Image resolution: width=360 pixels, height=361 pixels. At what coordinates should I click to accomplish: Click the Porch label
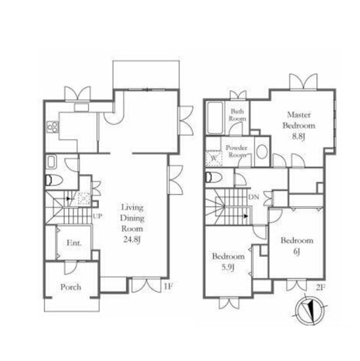pos(71,287)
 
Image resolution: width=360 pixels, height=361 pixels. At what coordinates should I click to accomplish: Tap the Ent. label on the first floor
pos(74,243)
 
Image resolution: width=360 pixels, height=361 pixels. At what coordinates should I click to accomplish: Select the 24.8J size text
pos(132,240)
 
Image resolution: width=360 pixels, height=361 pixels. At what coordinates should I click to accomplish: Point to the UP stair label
pos(98,216)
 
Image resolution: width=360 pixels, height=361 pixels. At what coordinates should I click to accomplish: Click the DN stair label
pos(254,197)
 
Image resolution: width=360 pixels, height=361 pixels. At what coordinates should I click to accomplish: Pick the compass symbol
pos(310,310)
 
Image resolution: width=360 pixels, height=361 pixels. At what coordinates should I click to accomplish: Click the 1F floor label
pos(168,286)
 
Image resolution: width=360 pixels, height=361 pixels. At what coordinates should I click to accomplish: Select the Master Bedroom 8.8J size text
pos(298,137)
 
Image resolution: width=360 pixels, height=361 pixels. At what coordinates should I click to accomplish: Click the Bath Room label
pos(237,115)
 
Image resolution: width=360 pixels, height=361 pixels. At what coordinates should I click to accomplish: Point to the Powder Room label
pos(237,151)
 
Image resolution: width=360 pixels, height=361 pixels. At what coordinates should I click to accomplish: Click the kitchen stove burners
pos(52,127)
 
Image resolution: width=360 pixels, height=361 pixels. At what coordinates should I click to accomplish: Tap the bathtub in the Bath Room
pos(215,117)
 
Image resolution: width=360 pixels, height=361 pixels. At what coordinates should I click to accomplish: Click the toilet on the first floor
pos(54,180)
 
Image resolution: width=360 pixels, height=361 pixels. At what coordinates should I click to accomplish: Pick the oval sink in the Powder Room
pos(262,152)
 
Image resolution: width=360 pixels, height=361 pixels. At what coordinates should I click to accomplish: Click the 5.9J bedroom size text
pos(228,268)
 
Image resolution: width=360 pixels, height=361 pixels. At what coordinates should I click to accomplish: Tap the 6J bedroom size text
pos(296,251)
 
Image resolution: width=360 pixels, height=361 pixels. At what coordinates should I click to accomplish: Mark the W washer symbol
pos(214,158)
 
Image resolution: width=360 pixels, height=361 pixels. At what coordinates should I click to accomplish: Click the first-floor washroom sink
pos(51,162)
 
